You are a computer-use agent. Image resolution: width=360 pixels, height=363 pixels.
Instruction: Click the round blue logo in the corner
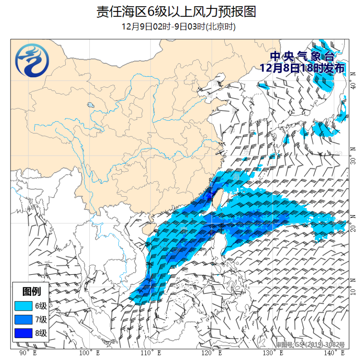pos(32,62)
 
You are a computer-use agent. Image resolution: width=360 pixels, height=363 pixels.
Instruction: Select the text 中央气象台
pos(302,57)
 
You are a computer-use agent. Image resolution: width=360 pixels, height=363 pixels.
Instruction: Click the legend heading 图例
pos(32,291)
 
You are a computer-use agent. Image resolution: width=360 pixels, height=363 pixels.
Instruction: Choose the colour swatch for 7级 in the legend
pos(24,320)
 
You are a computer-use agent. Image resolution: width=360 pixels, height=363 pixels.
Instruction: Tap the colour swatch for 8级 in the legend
pos(24,334)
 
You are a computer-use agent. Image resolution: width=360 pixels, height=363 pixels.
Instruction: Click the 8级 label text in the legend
pos(41,334)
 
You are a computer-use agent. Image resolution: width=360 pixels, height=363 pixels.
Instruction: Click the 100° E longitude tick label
pos(89,353)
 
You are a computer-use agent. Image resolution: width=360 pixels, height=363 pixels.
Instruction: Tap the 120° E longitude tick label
pos(211,353)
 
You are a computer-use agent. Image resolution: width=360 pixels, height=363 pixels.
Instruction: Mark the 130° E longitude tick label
pos(272,353)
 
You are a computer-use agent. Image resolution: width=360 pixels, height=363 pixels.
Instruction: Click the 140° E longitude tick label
pos(333,353)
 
